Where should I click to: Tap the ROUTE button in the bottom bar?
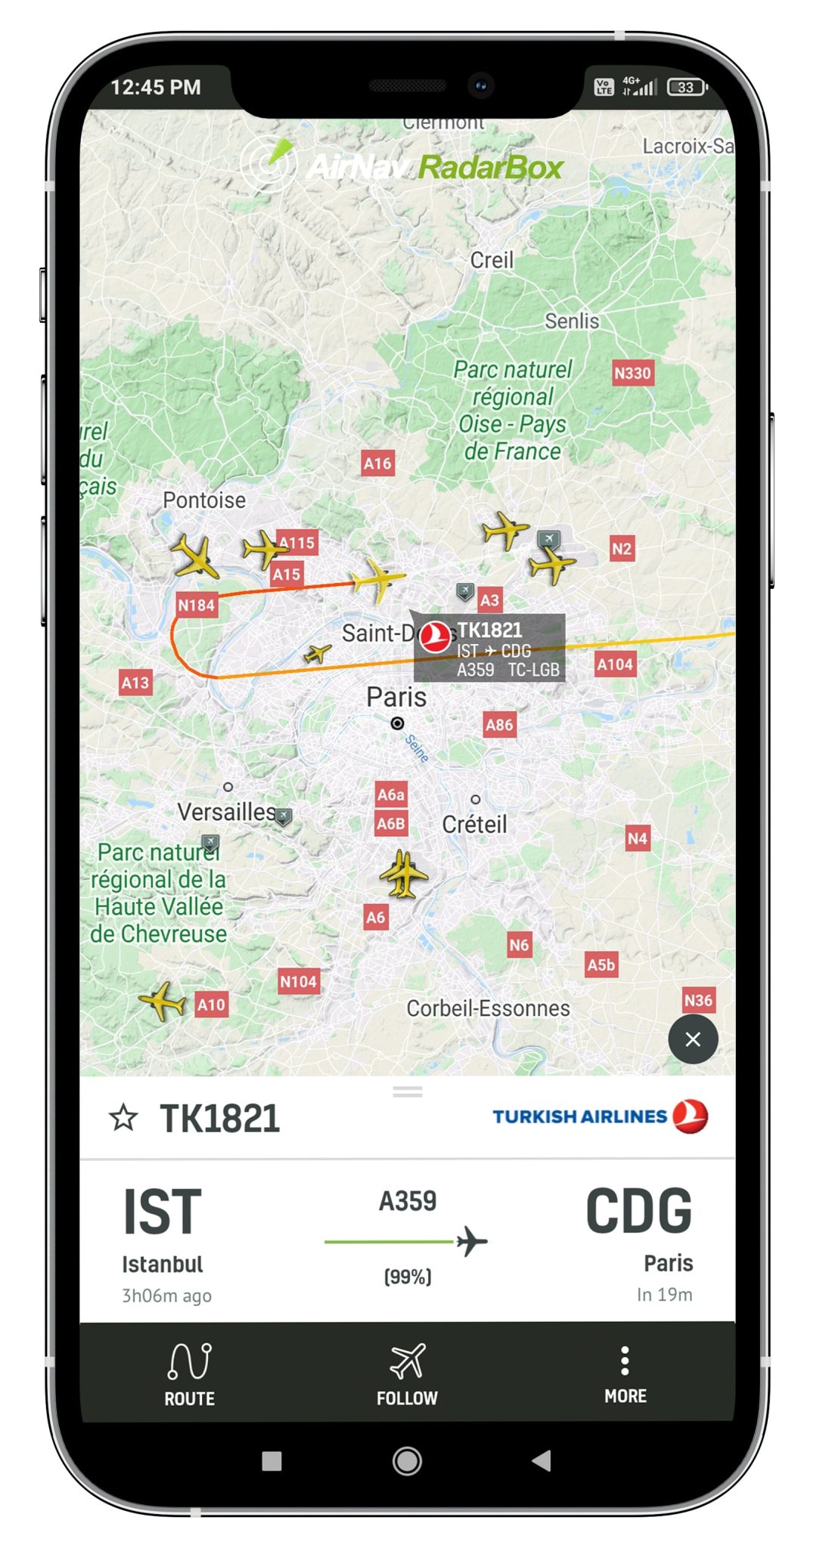click(x=189, y=1374)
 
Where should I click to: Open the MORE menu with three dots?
click(x=625, y=1374)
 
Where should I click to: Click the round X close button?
click(x=692, y=1039)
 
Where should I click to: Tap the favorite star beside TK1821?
click(x=123, y=1118)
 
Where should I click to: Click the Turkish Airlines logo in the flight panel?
click(x=601, y=1116)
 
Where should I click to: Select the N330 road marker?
click(x=632, y=373)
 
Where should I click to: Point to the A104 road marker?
click(x=614, y=664)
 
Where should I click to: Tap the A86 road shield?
click(x=499, y=725)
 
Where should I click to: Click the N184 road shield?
click(x=196, y=605)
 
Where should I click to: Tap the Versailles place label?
click(x=226, y=812)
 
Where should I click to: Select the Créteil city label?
click(x=474, y=824)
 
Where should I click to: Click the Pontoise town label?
click(x=204, y=500)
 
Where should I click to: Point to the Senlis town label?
click(x=572, y=321)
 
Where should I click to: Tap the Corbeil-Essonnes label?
click(x=488, y=1008)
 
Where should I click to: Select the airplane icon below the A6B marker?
click(x=404, y=874)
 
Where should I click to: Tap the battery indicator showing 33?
click(x=686, y=87)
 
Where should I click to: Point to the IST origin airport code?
click(x=163, y=1212)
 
